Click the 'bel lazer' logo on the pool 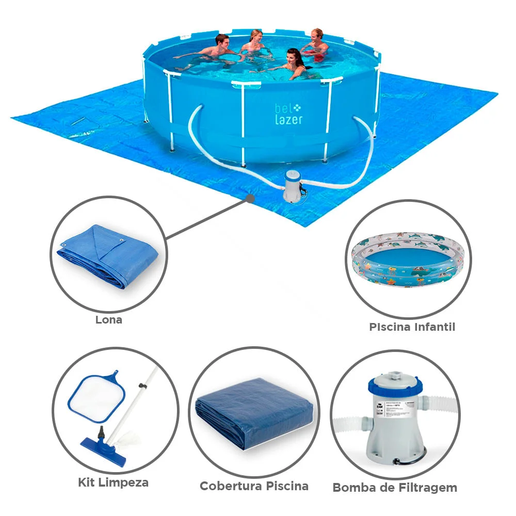pos(288,114)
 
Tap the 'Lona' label pos(108,319)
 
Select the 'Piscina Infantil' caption pos(412,327)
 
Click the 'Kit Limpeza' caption pos(113,482)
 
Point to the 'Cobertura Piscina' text pos(254,486)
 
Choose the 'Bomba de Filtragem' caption pos(395,487)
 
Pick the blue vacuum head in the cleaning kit pos(103,449)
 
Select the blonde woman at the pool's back pos(254,43)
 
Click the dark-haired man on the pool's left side pos(217,49)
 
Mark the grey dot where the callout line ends pos(250,198)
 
